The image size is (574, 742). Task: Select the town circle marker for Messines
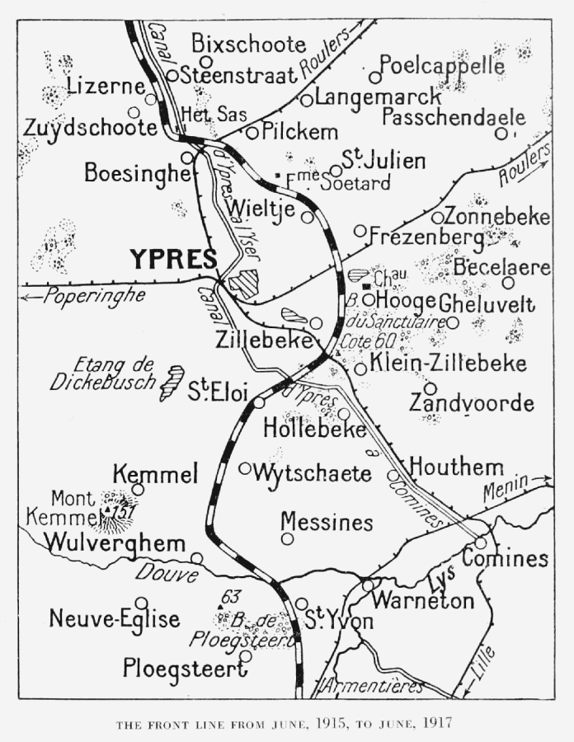point(287,538)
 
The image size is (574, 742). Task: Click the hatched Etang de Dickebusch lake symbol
point(172,383)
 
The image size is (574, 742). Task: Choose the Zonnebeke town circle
point(437,218)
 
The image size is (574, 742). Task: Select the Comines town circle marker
point(481,542)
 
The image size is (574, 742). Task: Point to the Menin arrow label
point(506,488)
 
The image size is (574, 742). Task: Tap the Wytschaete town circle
point(245,468)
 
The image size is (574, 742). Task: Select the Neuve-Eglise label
point(114,618)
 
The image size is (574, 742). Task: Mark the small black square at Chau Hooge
point(366,285)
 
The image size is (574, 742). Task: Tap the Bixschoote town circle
point(206,61)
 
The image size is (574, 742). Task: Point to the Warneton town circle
point(368,585)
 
